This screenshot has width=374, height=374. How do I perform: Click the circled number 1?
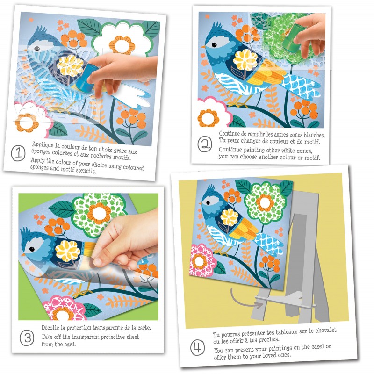click(18, 153)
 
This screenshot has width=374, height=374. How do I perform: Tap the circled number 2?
click(205, 144)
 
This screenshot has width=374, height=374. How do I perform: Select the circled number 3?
click(27, 338)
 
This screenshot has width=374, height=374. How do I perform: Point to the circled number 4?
click(197, 348)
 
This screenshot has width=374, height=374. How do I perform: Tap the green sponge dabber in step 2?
click(294, 39)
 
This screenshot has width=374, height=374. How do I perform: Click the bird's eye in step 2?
click(214, 45)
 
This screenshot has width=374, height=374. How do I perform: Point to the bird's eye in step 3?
click(32, 249)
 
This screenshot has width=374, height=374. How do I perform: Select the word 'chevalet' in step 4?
click(326, 331)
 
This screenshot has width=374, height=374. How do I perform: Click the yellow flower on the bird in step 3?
click(68, 251)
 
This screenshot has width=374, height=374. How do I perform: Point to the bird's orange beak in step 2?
click(203, 47)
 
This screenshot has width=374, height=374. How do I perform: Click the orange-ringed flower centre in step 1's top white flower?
click(122, 45)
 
